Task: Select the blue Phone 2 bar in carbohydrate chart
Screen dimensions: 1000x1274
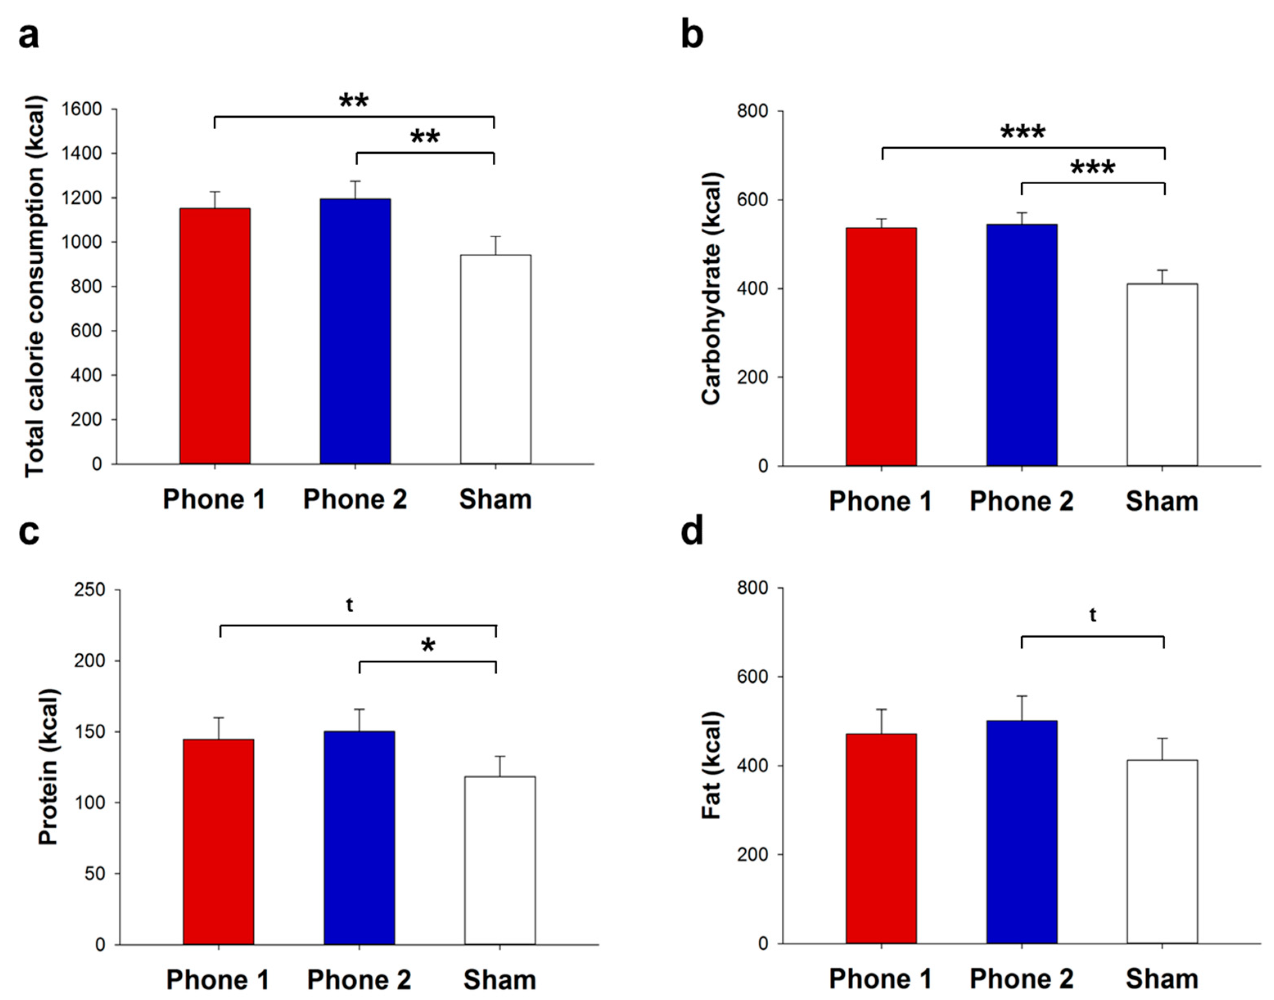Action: [x=1021, y=345]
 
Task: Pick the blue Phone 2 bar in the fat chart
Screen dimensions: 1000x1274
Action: [x=1021, y=831]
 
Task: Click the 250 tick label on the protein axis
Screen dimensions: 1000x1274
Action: [x=90, y=590]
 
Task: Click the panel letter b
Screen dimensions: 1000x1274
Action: [x=692, y=35]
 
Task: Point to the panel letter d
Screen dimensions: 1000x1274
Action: [x=692, y=532]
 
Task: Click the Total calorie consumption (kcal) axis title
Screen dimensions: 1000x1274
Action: [x=35, y=287]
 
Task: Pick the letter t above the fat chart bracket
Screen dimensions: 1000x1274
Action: [x=1093, y=615]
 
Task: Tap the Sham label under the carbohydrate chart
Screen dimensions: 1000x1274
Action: [x=1161, y=502]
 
